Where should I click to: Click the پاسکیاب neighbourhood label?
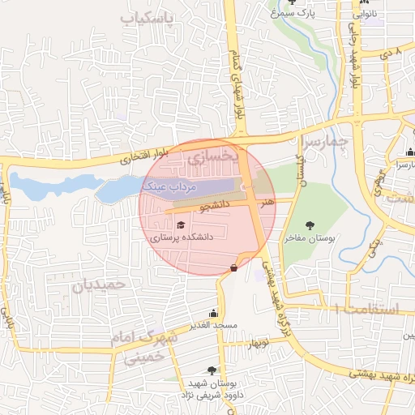148,18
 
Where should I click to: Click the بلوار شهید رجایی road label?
354,57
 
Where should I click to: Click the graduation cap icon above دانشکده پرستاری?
180,225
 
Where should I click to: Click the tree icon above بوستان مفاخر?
309,225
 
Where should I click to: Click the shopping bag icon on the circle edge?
234,267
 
